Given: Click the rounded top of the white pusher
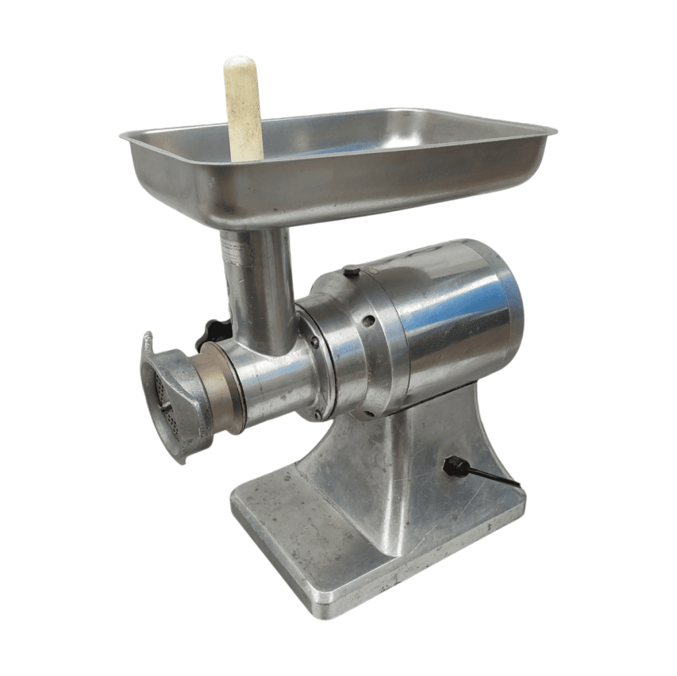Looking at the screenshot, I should [241, 63].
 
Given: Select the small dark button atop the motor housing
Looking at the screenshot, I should [352, 271].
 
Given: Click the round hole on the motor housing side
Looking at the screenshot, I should [368, 321].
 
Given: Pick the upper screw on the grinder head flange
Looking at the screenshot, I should [314, 343].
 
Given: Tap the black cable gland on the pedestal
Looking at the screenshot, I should [453, 466].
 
